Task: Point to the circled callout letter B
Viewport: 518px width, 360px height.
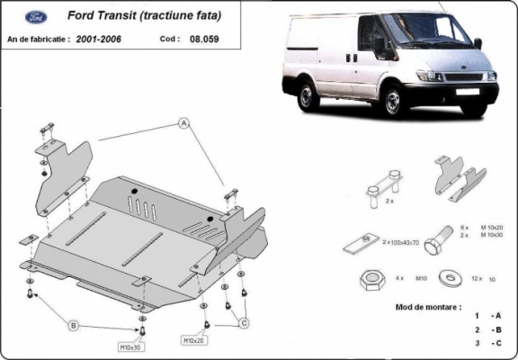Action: point(74,325)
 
